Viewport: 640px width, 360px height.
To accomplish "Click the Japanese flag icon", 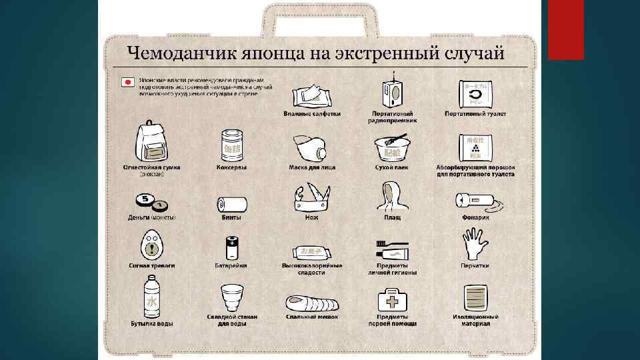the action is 126,83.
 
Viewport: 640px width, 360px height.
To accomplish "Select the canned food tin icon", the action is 231,145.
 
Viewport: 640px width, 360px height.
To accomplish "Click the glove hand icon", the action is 474,245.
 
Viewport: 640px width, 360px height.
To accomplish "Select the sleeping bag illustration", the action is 313,304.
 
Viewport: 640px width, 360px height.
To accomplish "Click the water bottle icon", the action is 151,299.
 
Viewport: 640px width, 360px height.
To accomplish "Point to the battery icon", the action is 231,247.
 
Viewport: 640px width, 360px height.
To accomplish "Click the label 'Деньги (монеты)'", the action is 152,217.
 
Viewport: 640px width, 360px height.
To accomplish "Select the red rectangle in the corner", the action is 565,29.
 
